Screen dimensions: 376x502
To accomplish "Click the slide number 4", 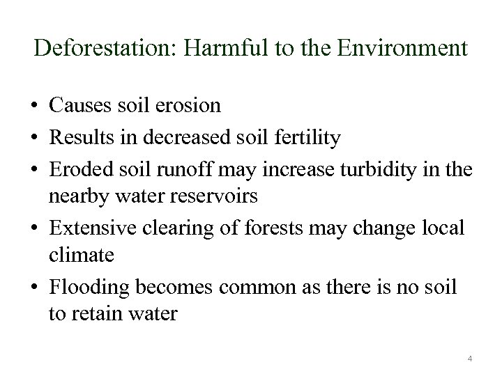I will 470,359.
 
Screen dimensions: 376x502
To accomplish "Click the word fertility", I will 307,139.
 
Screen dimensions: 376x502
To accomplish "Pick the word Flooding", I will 89,288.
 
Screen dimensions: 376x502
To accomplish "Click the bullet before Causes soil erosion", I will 33,107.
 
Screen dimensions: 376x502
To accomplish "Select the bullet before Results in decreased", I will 33,139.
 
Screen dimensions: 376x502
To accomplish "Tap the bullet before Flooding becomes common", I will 33,288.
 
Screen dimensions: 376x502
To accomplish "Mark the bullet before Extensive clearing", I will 33,228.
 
